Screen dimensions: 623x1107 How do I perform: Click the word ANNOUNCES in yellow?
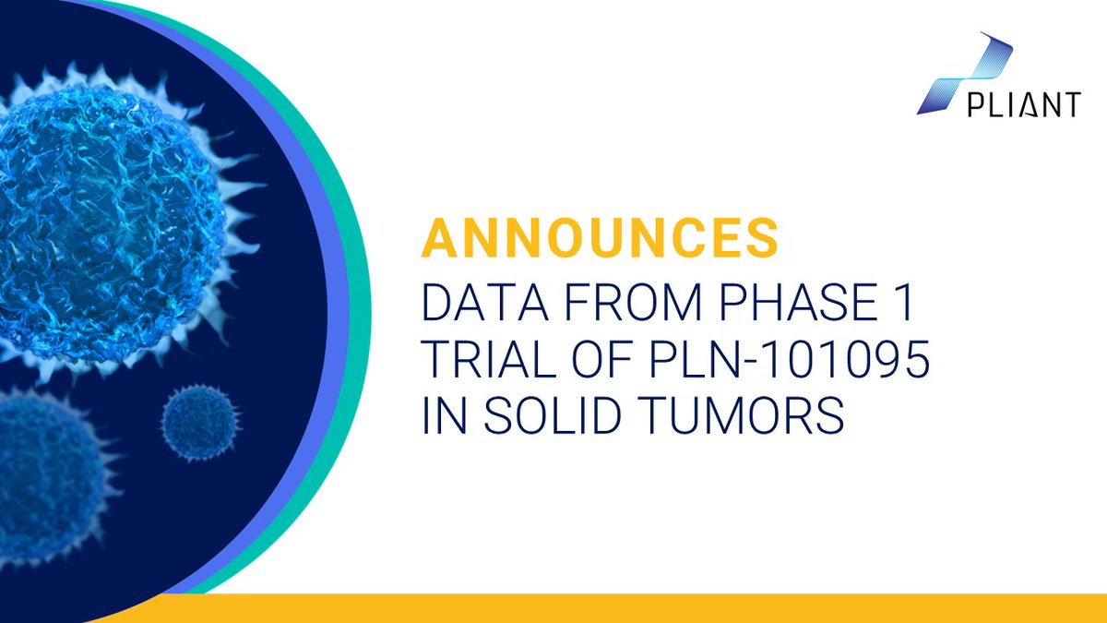click(x=601, y=238)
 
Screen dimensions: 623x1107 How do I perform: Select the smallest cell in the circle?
click(x=199, y=423)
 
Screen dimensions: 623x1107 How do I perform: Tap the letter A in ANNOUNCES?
click(x=439, y=238)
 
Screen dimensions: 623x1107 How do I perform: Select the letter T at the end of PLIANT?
click(x=1070, y=104)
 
